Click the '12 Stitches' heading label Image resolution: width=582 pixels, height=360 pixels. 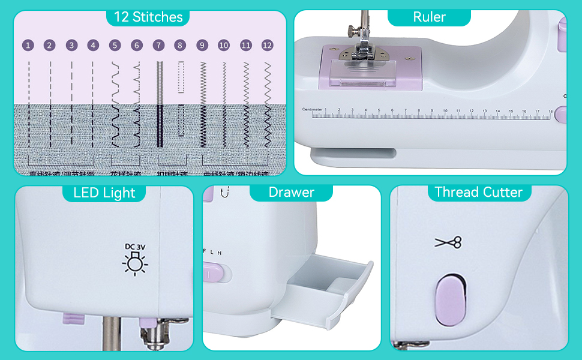(148, 17)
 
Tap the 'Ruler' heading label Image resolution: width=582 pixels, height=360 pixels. (429, 17)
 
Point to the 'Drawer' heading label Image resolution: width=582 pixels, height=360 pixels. (291, 192)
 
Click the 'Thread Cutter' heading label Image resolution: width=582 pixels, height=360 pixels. (478, 192)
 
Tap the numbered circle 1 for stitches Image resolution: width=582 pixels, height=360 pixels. (28, 45)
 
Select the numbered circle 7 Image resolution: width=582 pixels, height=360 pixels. (158, 45)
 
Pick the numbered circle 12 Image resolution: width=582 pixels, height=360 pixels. (268, 45)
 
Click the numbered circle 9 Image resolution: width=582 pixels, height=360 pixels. (202, 45)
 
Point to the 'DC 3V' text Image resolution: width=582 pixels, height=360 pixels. (134, 246)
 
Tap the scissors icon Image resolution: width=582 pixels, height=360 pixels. (448, 242)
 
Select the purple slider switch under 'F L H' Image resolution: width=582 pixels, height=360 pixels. (212, 274)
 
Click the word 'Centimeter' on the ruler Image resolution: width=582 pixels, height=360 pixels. (312, 109)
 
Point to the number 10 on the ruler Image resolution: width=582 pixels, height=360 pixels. (445, 110)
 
